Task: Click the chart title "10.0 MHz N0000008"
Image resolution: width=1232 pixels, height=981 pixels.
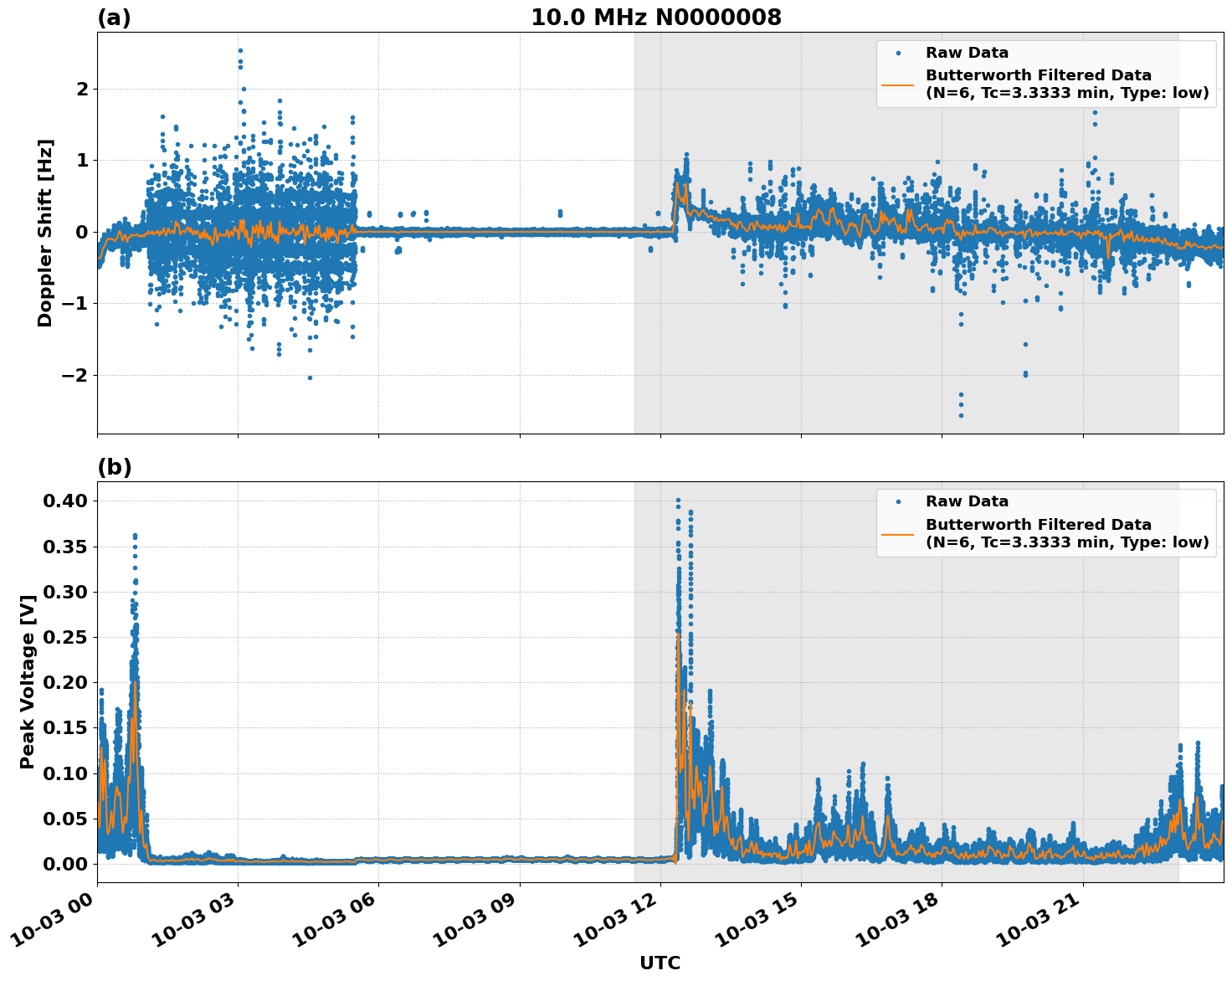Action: [655, 18]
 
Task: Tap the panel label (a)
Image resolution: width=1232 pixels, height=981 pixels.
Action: [114, 18]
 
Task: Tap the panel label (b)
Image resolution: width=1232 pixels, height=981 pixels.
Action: [114, 467]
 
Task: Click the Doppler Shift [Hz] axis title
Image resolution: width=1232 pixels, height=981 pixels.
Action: [45, 233]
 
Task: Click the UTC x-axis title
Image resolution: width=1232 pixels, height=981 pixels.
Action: [660, 963]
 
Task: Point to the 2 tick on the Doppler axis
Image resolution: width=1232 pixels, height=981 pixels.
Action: [82, 89]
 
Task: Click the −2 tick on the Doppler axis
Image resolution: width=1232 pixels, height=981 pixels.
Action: [75, 375]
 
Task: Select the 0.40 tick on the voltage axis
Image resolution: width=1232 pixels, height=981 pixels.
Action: [64, 501]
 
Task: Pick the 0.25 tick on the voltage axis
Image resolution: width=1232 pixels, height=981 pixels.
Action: [64, 637]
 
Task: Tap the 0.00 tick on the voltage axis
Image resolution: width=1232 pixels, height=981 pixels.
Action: [64, 864]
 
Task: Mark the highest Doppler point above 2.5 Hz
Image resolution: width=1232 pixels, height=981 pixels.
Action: [240, 50]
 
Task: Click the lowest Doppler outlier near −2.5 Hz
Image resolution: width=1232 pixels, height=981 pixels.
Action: [961, 415]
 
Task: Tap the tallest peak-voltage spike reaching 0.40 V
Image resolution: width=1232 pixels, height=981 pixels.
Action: [678, 501]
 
